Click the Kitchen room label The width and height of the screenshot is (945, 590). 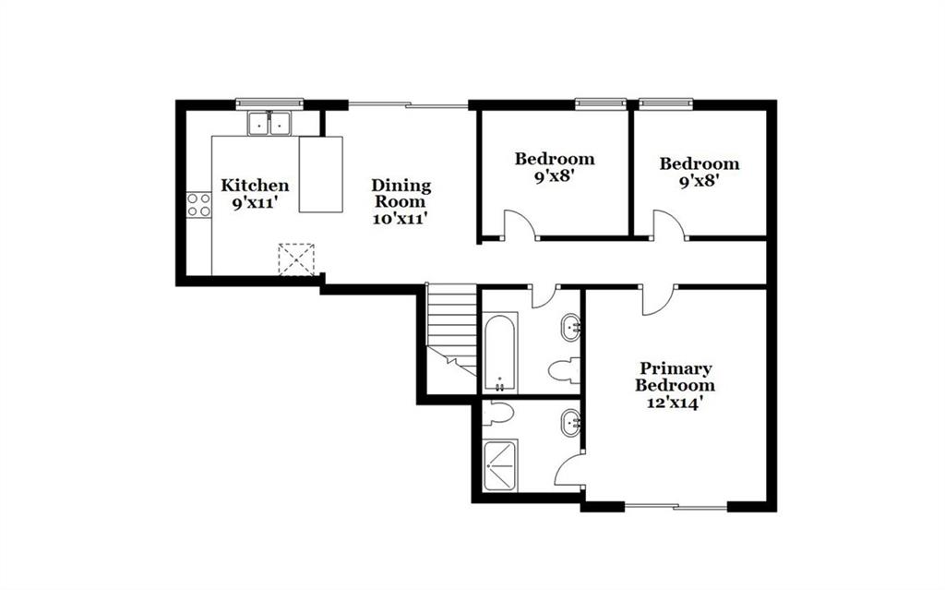[255, 186]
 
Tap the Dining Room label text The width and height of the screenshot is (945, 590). [401, 193]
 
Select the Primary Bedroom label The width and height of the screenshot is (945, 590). [675, 377]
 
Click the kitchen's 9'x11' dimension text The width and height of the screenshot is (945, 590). [255, 203]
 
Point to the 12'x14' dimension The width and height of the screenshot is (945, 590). [675, 403]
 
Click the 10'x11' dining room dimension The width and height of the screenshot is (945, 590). [401, 219]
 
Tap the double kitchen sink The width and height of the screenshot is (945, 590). [269, 123]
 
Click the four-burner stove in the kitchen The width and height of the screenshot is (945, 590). [199, 204]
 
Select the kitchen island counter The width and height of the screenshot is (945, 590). [321, 175]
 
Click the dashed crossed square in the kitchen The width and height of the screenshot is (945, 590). [296, 259]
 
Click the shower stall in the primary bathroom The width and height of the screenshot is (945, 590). [500, 465]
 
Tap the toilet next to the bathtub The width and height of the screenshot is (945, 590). [564, 370]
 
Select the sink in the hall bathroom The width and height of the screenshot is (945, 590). [570, 328]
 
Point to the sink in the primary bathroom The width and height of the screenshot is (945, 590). [570, 423]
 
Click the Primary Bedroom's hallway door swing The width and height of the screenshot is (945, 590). [658, 300]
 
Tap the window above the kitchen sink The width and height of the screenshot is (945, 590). [269, 102]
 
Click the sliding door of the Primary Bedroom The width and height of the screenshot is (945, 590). [676, 506]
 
